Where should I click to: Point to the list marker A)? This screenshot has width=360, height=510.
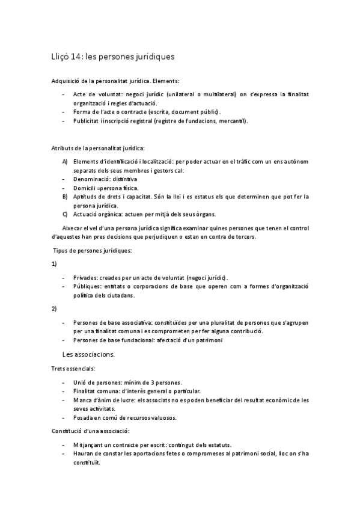(x=65, y=161)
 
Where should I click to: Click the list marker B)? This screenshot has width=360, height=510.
(x=65, y=196)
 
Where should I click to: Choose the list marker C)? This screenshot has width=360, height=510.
(x=65, y=214)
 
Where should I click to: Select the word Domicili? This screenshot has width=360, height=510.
(x=84, y=188)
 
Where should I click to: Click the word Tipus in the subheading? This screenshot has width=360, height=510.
(x=61, y=250)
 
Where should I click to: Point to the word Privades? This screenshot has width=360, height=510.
(x=85, y=278)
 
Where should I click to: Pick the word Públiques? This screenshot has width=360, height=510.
(x=87, y=286)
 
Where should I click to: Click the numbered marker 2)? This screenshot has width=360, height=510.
(x=54, y=309)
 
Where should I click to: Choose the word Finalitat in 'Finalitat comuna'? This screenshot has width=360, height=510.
(x=85, y=391)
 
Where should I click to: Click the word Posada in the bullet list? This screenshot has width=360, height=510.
(x=83, y=417)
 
